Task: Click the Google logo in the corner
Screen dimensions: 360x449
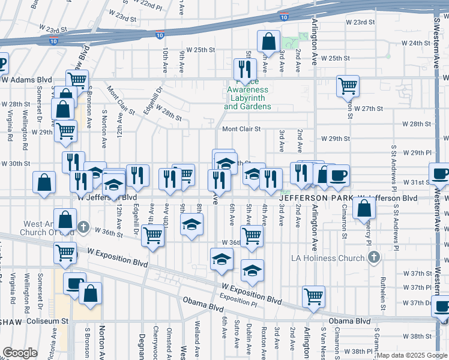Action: [20, 353]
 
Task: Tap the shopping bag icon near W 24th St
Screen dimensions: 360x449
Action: [268, 42]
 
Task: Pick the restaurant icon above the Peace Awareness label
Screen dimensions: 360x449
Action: [244, 68]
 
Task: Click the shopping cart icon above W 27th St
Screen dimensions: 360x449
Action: [348, 86]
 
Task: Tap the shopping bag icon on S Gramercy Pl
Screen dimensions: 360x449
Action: [364, 208]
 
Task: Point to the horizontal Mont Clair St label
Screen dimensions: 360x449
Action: [242, 129]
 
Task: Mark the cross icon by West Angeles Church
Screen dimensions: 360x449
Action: [83, 228]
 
